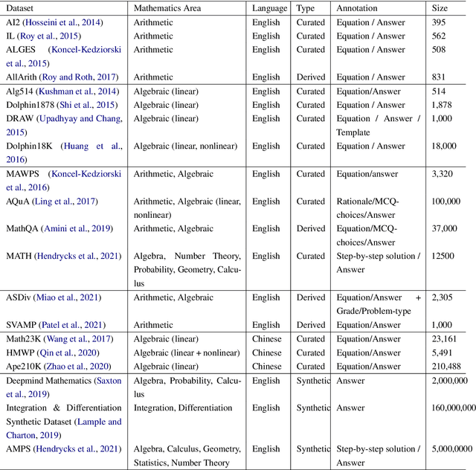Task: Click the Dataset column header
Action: tap(21, 8)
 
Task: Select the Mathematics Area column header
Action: tap(171, 8)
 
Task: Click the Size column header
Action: tap(440, 8)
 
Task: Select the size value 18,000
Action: tap(446, 147)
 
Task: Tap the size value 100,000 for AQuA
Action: tap(448, 202)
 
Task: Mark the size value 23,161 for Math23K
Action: tap(446, 339)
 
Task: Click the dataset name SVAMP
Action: tap(22, 325)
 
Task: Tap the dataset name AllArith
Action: tap(22, 77)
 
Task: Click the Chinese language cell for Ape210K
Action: tap(267, 366)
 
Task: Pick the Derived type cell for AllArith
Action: tap(311, 77)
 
